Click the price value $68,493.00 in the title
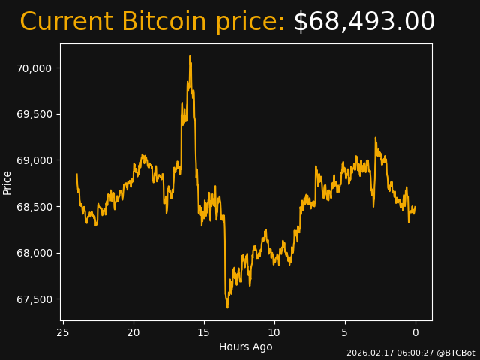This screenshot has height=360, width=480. [364, 22]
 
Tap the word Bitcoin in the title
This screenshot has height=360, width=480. [163, 22]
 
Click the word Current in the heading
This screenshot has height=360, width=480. [67, 22]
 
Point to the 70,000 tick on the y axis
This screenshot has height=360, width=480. [34, 68]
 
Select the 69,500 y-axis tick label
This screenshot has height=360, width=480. [34, 114]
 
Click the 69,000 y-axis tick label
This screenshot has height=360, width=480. [34, 160]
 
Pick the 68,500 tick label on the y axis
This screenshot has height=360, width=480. [34, 207]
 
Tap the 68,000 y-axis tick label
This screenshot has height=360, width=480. [34, 253]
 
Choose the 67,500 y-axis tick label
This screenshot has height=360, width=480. [34, 299]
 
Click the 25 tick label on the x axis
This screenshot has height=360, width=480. [63, 332]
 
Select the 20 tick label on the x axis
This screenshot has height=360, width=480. [133, 332]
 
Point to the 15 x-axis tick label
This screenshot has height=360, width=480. [204, 332]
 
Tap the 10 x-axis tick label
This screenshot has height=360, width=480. [274, 332]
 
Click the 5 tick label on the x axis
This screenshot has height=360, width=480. [345, 332]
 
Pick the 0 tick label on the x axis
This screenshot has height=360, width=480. [415, 332]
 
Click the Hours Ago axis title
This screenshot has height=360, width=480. [245, 346]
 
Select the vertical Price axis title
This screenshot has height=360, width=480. [7, 182]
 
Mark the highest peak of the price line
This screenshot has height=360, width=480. [190, 56]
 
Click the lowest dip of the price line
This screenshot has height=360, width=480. [227, 307]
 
